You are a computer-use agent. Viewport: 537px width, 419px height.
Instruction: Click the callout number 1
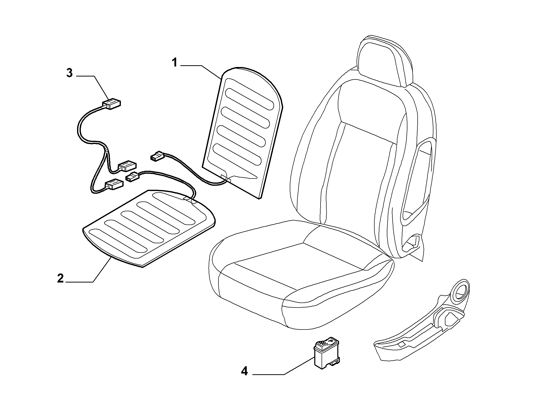click(174, 62)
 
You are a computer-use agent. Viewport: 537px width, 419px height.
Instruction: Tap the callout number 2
click(61, 278)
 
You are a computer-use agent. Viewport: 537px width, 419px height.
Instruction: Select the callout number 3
click(69, 73)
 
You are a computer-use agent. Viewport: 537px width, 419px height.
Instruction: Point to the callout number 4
click(244, 378)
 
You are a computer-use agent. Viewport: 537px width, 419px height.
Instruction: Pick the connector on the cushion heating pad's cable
click(133, 176)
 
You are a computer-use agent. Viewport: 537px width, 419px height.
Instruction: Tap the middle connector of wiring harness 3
click(127, 165)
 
